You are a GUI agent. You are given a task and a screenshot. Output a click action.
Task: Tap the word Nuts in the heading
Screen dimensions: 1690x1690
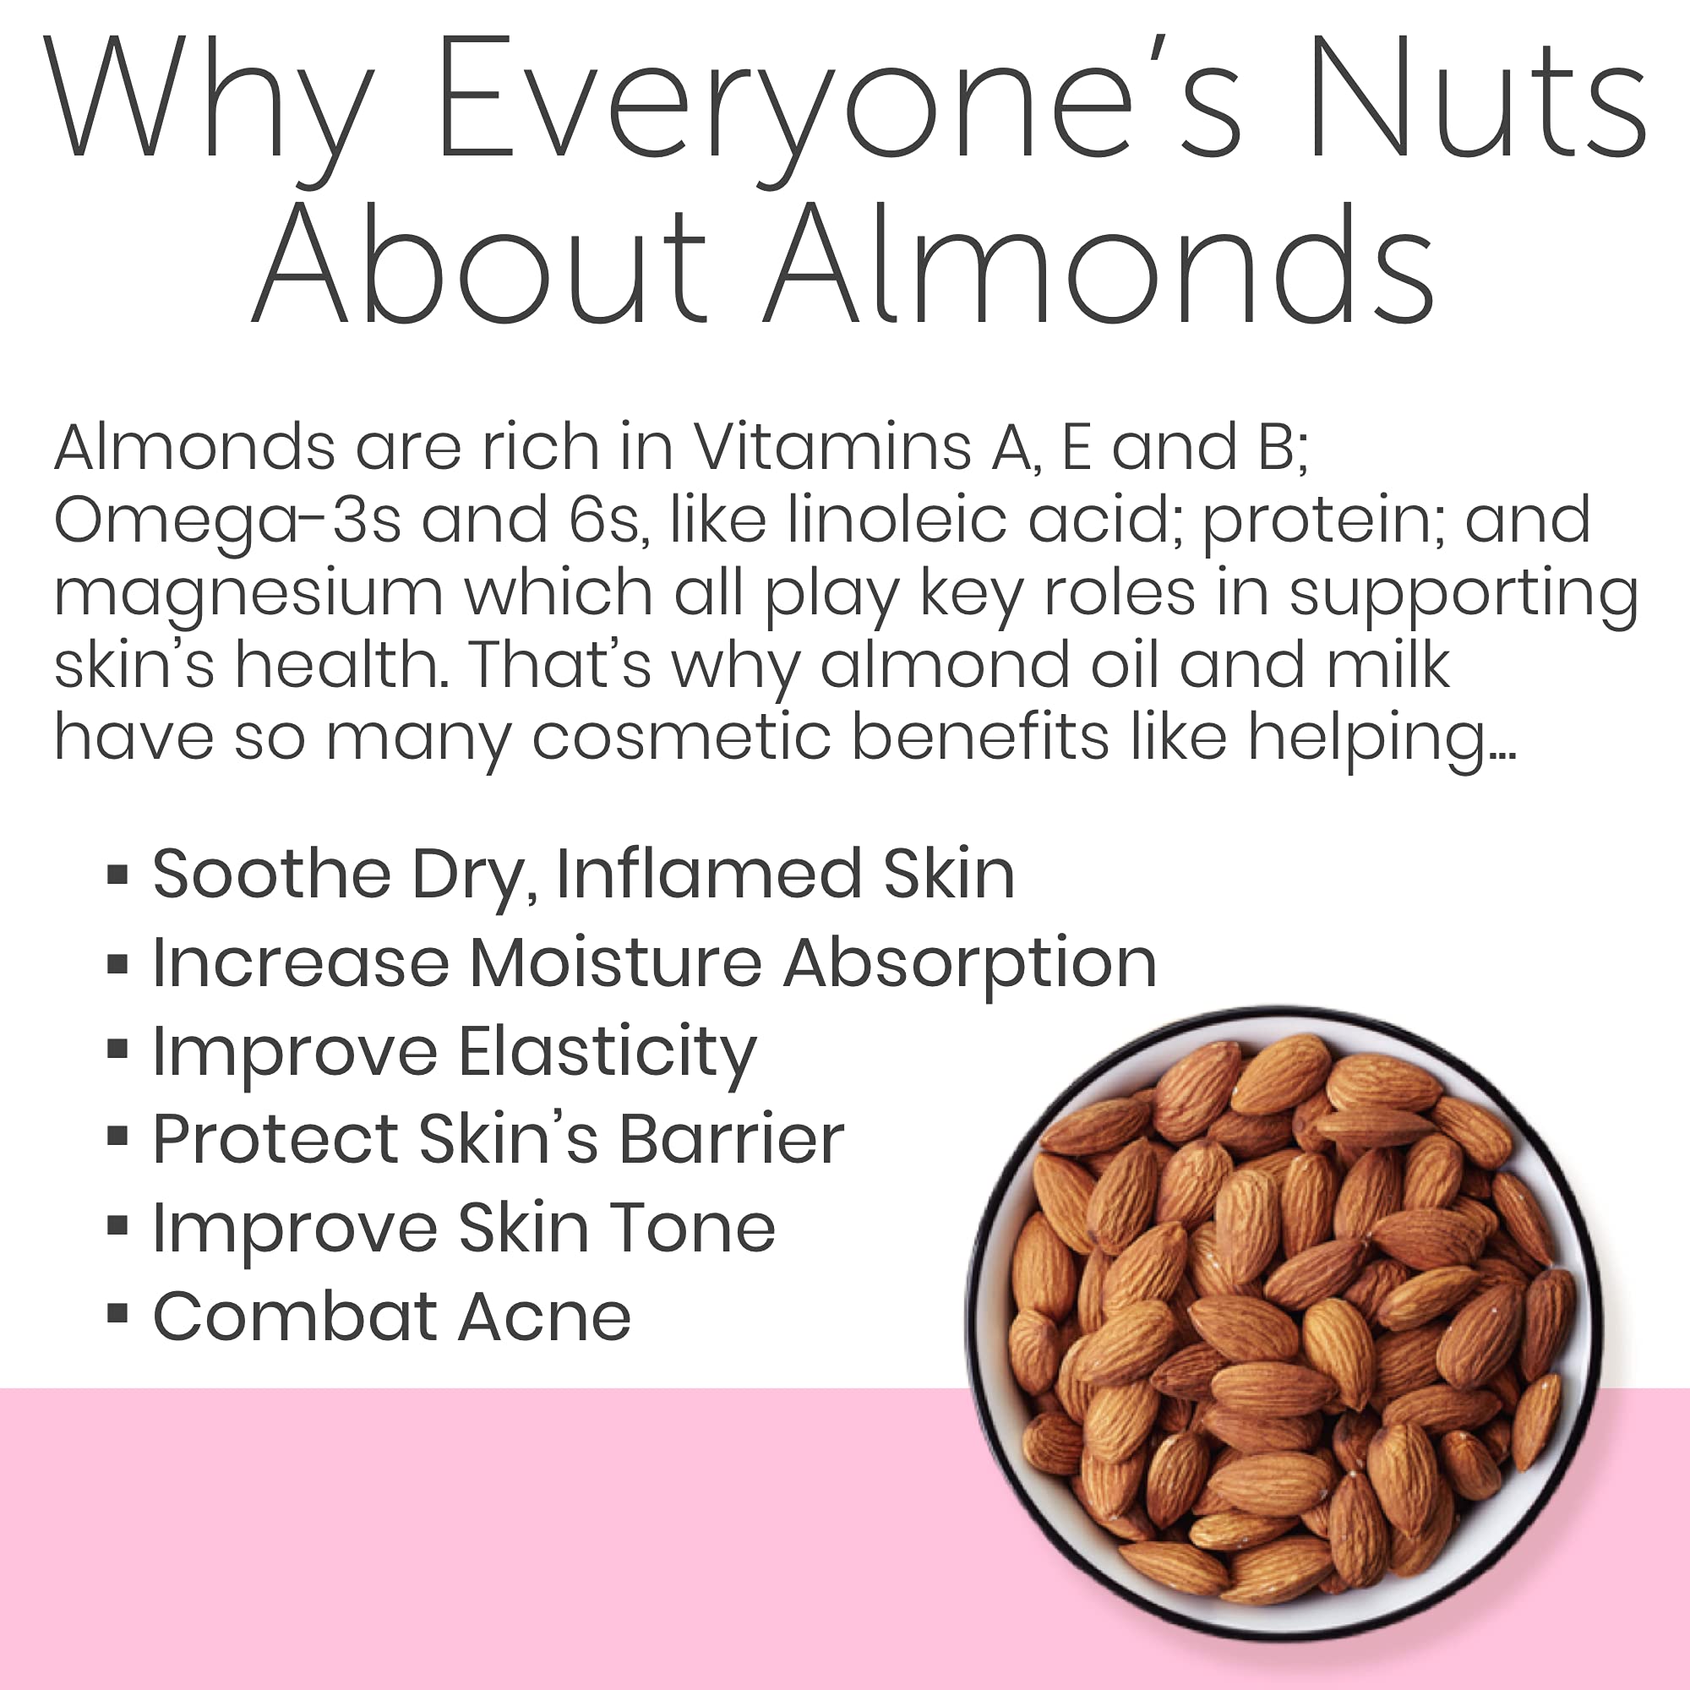pos(1477,101)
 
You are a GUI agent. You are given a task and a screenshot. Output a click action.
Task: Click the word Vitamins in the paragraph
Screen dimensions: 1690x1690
pos(831,447)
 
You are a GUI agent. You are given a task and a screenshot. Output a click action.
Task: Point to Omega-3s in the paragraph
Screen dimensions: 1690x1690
pos(227,521)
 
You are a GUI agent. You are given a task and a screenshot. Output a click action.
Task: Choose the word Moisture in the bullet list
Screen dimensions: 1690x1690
pos(616,963)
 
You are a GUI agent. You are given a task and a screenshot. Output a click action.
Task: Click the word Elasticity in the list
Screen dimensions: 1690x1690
pos(607,1052)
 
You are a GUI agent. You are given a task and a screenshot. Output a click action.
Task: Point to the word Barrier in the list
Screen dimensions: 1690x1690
pos(732,1139)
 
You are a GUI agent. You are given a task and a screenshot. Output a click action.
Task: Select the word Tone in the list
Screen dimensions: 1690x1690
pos(692,1227)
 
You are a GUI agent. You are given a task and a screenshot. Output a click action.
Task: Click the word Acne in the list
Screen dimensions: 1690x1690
pos(544,1316)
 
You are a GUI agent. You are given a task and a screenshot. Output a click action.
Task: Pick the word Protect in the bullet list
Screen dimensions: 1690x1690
pos(275,1139)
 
